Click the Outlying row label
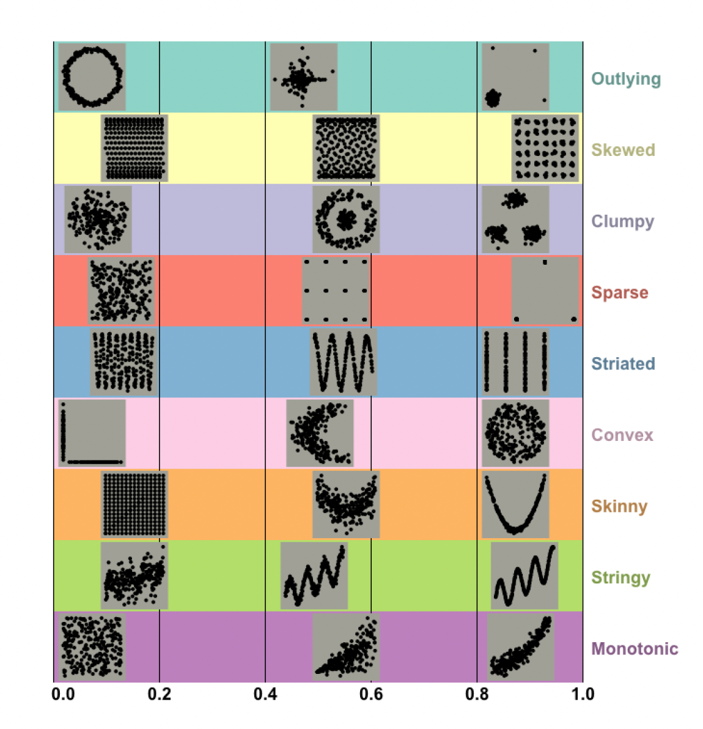(x=625, y=79)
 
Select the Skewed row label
(x=623, y=150)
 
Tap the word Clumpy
(x=623, y=222)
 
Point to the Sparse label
(x=619, y=293)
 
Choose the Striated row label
(x=623, y=363)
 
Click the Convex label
(x=622, y=435)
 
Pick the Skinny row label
(x=619, y=506)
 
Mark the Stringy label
(x=620, y=578)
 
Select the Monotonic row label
(x=635, y=648)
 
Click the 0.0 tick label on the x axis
(x=63, y=694)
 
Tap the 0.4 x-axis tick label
(x=265, y=694)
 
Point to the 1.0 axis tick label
(x=583, y=694)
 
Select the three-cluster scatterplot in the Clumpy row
(x=515, y=220)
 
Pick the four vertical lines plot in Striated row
(x=515, y=361)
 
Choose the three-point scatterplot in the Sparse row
(x=545, y=290)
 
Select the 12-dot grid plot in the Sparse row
(x=336, y=290)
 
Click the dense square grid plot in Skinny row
(x=134, y=505)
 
